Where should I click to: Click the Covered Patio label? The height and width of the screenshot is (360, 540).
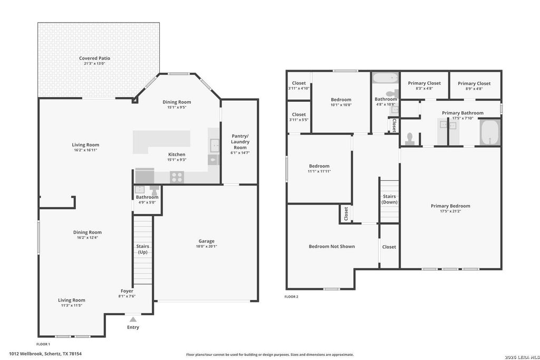tap(95, 58)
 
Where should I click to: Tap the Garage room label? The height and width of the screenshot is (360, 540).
tap(206, 241)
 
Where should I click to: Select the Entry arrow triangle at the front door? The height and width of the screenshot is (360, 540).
tap(133, 319)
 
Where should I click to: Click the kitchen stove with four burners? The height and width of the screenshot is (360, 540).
tap(177, 177)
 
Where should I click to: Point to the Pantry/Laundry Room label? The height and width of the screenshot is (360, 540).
tap(240, 141)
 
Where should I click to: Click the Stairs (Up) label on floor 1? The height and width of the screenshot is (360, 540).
tap(142, 249)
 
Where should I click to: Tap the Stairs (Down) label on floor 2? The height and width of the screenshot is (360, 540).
tap(390, 199)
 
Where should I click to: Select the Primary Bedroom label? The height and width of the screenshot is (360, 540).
tap(450, 206)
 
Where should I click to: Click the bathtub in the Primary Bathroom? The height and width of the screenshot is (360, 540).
tap(490, 132)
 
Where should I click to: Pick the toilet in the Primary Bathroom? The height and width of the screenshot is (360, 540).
tap(409, 138)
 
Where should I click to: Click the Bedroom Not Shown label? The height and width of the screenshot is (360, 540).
tap(332, 246)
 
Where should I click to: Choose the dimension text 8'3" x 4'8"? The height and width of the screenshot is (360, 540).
tap(425, 89)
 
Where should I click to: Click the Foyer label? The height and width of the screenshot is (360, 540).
tap(127, 291)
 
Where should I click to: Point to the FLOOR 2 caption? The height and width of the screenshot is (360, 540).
tap(291, 297)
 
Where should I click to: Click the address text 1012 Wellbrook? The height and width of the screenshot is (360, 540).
tap(26, 354)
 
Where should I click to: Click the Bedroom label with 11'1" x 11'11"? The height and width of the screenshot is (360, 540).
tap(319, 166)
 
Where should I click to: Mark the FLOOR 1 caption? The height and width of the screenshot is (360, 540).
tap(43, 344)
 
